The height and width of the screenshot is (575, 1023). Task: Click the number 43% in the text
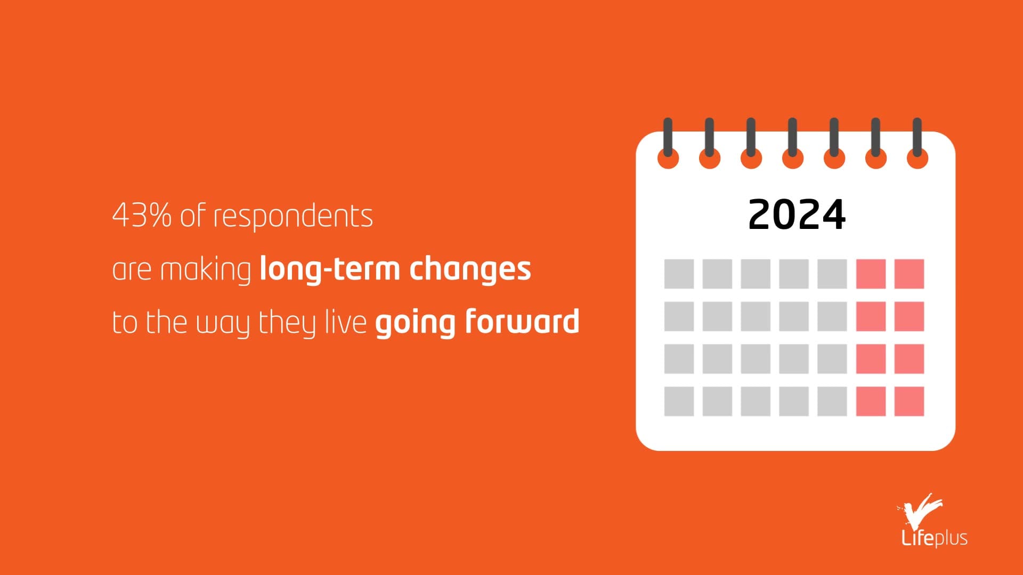(x=142, y=216)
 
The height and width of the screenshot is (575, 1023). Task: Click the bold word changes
(x=470, y=269)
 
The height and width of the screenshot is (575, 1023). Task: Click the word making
(x=206, y=270)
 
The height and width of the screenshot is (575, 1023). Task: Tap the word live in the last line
(x=346, y=322)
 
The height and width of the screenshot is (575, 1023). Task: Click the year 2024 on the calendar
(x=797, y=215)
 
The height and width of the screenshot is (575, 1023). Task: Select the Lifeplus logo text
(x=935, y=538)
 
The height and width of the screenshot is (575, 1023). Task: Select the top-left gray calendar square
(x=679, y=274)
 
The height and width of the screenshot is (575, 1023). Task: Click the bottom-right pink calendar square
(x=909, y=401)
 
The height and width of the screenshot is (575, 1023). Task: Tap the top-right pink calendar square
(x=909, y=274)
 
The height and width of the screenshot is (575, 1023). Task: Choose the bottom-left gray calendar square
(x=679, y=401)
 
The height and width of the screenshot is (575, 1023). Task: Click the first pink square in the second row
(x=871, y=316)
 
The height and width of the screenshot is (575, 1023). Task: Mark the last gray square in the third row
(x=832, y=358)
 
